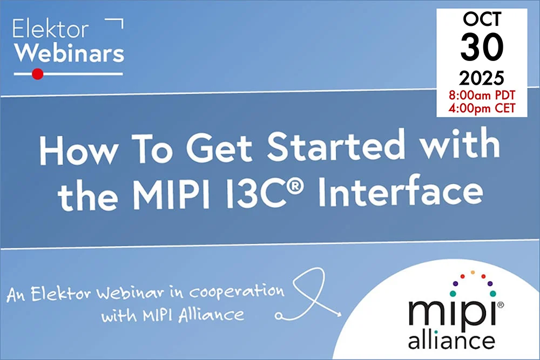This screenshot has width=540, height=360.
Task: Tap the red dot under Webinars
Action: click(37, 74)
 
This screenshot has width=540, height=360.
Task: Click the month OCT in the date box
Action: click(482, 21)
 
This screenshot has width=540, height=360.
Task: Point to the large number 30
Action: click(482, 47)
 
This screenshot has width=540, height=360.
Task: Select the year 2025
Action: click(482, 79)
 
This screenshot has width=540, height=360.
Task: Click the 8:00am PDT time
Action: click(482, 96)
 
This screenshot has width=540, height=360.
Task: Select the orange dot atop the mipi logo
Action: click(473, 272)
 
